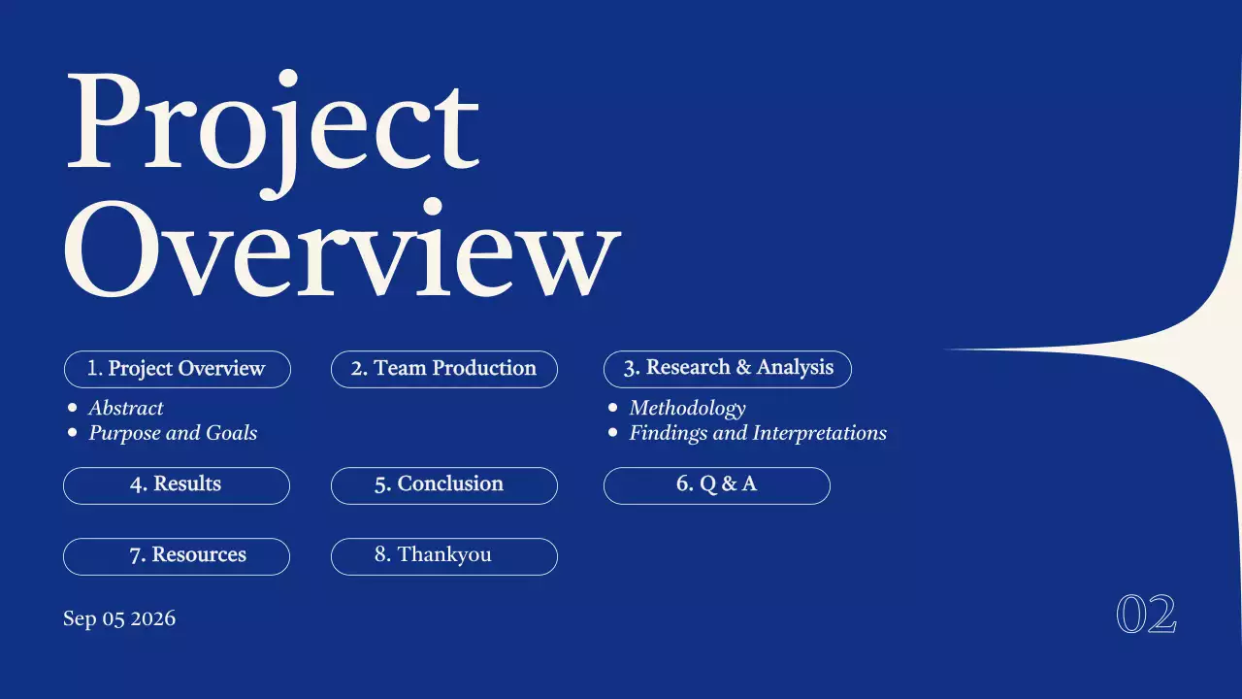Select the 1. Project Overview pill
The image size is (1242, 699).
pos(177,369)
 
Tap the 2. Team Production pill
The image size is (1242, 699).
pos(443,369)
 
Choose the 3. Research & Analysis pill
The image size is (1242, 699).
pos(728,368)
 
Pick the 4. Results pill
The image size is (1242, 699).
pos(176,484)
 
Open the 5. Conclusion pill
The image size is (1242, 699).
pos(443,484)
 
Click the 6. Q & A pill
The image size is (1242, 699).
pos(716,484)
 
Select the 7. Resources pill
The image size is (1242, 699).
pos(176,555)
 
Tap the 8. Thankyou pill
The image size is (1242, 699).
pos(443,555)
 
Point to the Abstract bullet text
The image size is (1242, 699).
pos(126,409)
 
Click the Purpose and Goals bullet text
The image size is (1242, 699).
pos(173,433)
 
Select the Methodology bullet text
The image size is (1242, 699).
pos(687,409)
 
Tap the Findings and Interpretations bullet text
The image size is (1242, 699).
pos(758,433)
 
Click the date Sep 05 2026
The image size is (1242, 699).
pos(119,618)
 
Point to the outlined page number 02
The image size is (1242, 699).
pos(1146,615)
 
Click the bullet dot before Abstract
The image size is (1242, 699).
pos(72,409)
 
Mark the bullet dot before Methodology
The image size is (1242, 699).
pos(612,409)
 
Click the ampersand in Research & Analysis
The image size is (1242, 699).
pos(744,368)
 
